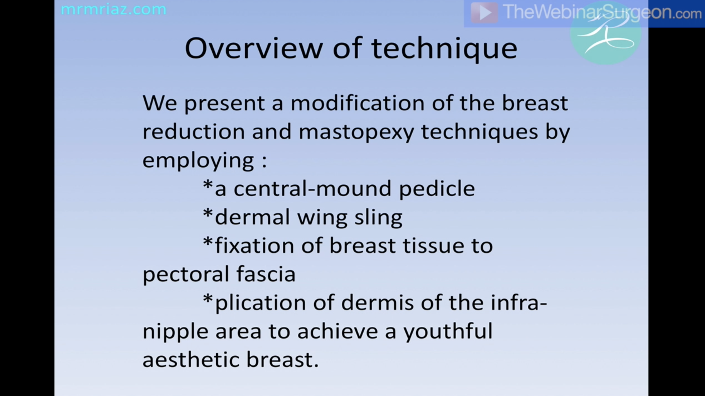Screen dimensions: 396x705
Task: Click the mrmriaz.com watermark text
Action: tap(113, 9)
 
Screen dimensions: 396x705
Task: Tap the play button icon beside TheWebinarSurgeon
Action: tap(484, 13)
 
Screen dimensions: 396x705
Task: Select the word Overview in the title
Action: tap(254, 48)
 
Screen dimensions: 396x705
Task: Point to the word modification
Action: tap(358, 103)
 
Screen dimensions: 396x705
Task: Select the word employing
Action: tap(198, 161)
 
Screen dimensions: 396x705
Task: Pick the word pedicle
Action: tap(437, 189)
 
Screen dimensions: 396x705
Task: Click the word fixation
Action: tap(254, 246)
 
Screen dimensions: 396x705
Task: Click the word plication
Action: tap(261, 303)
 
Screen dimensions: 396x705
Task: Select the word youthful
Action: tap(448, 332)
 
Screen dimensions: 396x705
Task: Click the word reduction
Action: tap(194, 132)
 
